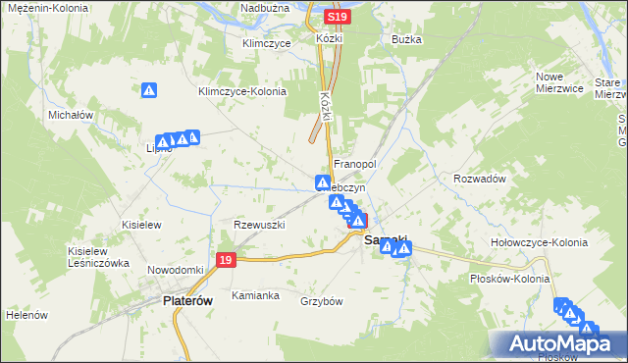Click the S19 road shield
pos(338,18)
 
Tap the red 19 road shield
pos(227,260)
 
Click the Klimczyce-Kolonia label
pos(241,91)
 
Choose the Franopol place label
pos(355,164)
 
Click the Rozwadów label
pos(479,179)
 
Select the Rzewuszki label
pos(258,225)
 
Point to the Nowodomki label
pos(175,270)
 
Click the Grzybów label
pos(321,301)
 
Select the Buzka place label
pos(406,40)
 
